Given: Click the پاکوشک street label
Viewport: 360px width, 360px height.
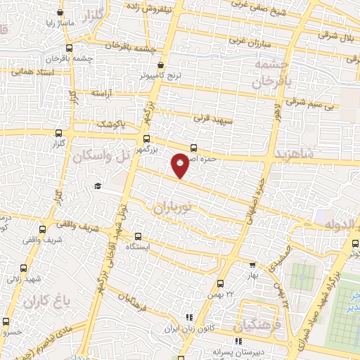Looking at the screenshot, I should [111, 124].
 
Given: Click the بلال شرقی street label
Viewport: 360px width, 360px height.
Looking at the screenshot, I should [333, 34].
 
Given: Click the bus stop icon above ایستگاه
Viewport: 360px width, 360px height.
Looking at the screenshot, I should [137, 237].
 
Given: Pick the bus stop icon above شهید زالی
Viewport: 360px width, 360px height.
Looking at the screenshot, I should [24, 268].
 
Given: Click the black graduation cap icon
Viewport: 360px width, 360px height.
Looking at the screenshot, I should [98, 186].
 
